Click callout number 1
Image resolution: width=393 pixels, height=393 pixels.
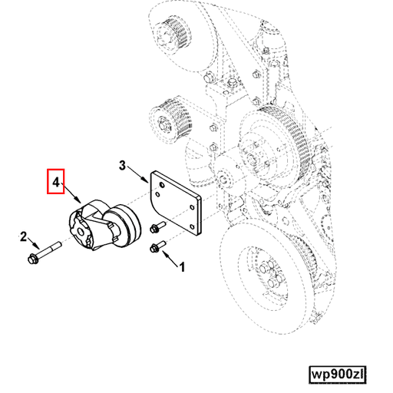pyautogui.click(x=182, y=268)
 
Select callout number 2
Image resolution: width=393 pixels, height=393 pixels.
pyautogui.click(x=24, y=236)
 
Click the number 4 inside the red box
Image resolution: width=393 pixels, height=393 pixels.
pyautogui.click(x=55, y=183)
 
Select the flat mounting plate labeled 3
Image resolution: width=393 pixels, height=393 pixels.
pyautogui.click(x=176, y=206)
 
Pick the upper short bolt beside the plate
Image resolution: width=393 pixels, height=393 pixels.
pyautogui.click(x=158, y=227)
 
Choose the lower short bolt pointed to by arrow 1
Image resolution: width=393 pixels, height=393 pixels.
pyautogui.click(x=158, y=247)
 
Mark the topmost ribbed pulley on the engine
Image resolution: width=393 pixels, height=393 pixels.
pyautogui.click(x=169, y=35)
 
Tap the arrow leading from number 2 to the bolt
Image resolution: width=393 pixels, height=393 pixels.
pyautogui.click(x=30, y=245)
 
